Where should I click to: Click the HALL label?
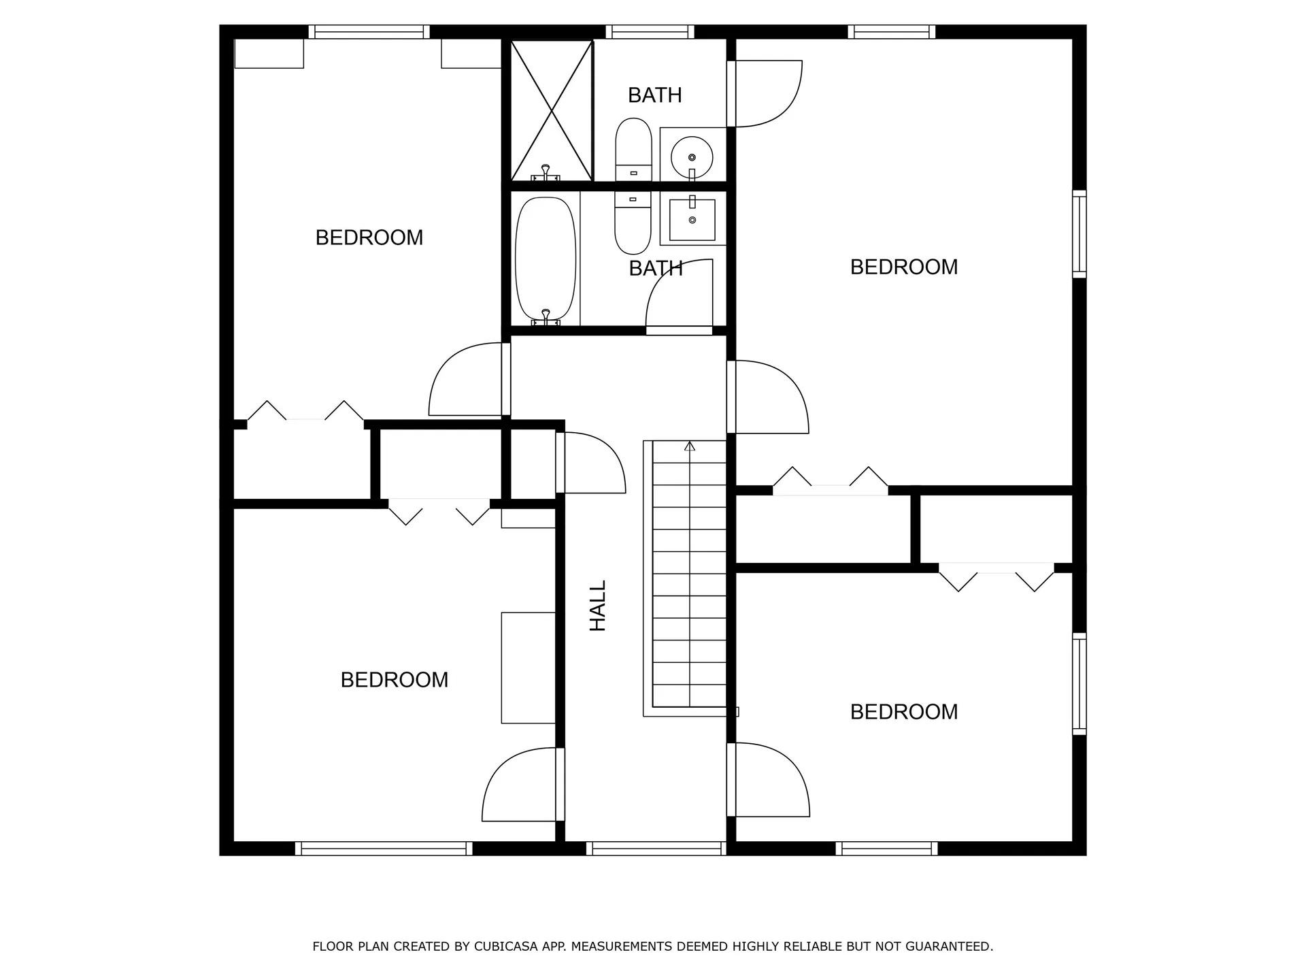point(597,606)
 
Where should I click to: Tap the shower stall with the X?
point(552,111)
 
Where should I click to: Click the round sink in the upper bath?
point(692,157)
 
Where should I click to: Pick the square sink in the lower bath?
point(692,220)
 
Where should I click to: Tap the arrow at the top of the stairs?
point(690,446)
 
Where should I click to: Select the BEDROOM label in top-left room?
point(369,238)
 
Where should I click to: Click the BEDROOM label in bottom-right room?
point(903,712)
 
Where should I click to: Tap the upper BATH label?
point(654,95)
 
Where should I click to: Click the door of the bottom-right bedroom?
point(770,780)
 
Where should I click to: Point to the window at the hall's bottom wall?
point(656,848)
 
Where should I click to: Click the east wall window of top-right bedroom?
point(1079,235)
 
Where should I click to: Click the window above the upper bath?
point(650,32)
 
